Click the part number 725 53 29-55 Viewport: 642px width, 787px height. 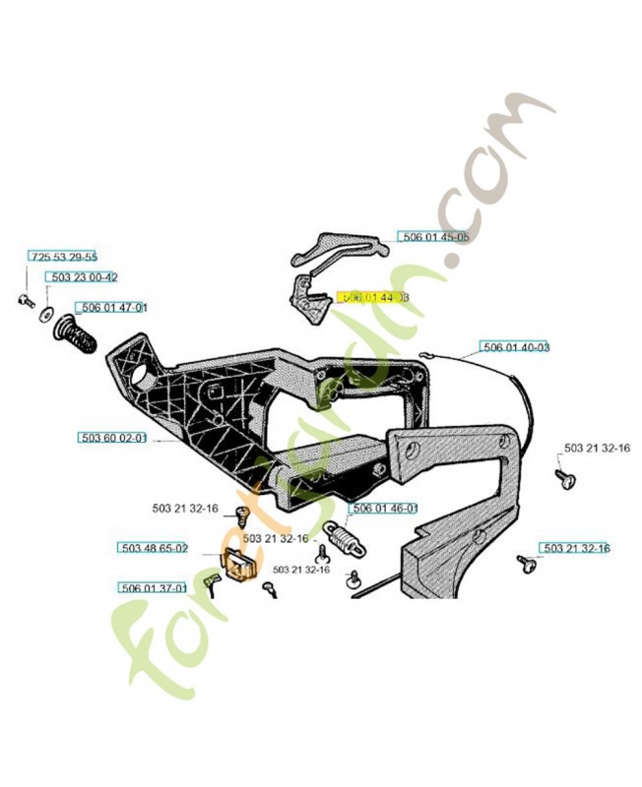(63, 256)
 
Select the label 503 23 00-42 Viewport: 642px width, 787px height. (85, 278)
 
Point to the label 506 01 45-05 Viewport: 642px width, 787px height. (433, 236)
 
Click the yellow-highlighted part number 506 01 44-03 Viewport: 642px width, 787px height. (372, 296)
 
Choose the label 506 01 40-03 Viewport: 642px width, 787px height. (514, 346)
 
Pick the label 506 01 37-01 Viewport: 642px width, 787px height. (153, 587)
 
